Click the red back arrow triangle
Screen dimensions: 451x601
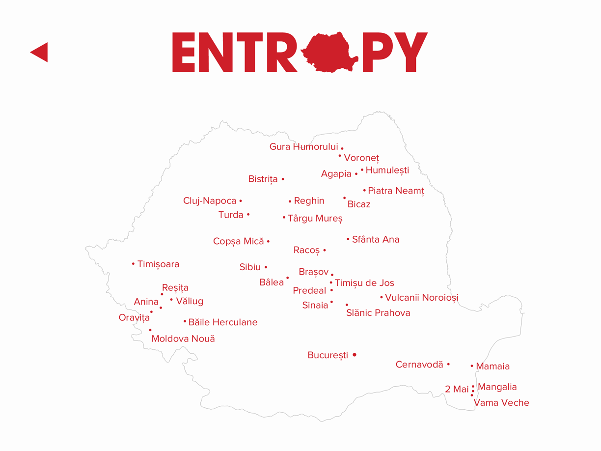point(40,52)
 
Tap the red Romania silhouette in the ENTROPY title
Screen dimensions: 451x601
point(328,53)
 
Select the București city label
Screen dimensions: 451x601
point(328,355)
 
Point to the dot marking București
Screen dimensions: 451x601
point(355,355)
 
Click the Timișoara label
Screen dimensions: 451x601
point(158,264)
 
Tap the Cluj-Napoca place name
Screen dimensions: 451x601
point(210,201)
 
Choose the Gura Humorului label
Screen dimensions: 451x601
point(303,147)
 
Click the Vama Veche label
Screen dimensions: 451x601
point(501,403)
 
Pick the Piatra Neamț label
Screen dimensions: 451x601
point(396,191)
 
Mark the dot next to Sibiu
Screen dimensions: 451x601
point(266,267)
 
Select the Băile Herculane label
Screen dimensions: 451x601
point(223,323)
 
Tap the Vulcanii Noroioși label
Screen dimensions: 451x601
point(421,298)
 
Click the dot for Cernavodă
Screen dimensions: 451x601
point(448,364)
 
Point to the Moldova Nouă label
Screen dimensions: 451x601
point(183,339)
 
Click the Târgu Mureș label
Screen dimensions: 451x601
point(315,218)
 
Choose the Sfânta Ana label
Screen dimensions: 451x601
point(376,240)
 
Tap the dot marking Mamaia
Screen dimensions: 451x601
point(472,366)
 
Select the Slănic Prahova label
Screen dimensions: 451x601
point(378,313)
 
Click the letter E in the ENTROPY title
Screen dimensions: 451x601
point(183,53)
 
